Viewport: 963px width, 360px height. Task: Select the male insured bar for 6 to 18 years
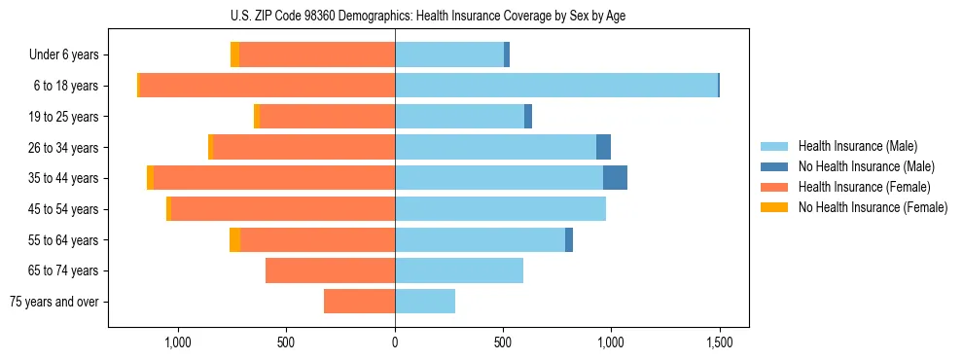point(556,86)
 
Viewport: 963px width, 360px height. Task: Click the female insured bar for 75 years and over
point(359,302)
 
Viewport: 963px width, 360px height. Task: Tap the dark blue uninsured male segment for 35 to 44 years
point(615,178)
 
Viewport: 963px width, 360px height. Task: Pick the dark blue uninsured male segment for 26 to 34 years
point(603,147)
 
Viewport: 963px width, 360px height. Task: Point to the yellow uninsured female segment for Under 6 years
point(234,54)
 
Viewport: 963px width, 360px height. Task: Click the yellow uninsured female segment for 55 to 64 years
point(234,239)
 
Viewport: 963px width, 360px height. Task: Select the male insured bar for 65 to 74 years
point(459,270)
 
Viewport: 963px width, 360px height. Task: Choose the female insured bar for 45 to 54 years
point(282,209)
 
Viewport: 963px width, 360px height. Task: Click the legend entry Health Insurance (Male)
point(857,147)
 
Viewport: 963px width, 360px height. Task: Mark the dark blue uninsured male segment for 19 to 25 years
point(528,117)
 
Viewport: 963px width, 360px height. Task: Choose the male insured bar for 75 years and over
point(425,302)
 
